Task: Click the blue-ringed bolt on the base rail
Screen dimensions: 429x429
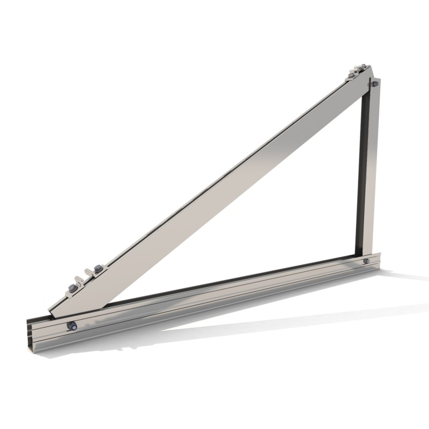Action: click(x=70, y=326)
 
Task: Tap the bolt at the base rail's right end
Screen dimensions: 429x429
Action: click(x=366, y=261)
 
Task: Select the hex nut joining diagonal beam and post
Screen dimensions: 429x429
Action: click(x=375, y=84)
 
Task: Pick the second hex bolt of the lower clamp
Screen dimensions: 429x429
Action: click(x=98, y=268)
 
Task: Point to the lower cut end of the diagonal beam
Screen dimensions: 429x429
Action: click(x=51, y=311)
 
